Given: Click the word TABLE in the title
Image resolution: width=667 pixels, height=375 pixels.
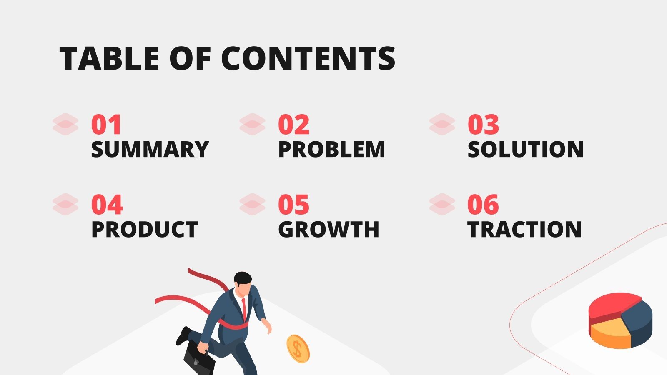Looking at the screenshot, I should pyautogui.click(x=109, y=58).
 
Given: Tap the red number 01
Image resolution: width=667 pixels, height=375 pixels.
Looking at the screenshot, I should pyautogui.click(x=106, y=125).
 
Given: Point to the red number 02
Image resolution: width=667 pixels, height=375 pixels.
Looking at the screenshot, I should pyautogui.click(x=294, y=125).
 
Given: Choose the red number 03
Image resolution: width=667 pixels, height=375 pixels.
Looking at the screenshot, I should pyautogui.click(x=483, y=125).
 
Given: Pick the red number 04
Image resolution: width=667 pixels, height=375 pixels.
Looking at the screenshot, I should pyautogui.click(x=107, y=205).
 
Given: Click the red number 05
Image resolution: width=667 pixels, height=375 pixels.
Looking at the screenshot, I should pyautogui.click(x=294, y=205).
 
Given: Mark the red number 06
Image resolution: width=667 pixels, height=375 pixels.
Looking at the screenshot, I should pyautogui.click(x=483, y=205).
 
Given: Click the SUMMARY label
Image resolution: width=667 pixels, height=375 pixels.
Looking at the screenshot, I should pyautogui.click(x=150, y=150).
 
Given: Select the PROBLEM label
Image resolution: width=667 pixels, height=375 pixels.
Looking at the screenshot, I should pyautogui.click(x=332, y=150).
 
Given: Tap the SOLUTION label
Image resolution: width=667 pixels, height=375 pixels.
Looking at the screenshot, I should pyautogui.click(x=525, y=150).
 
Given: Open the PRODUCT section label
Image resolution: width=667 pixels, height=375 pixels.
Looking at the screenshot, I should pyautogui.click(x=144, y=230).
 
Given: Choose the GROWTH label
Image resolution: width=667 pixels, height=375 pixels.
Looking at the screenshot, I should pyautogui.click(x=328, y=230).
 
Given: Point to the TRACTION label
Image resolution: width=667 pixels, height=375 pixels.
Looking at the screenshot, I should pyautogui.click(x=524, y=230).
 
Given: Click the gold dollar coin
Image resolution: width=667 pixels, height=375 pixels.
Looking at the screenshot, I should pyautogui.click(x=298, y=349).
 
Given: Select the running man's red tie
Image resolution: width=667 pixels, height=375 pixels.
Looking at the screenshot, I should pyautogui.click(x=244, y=309).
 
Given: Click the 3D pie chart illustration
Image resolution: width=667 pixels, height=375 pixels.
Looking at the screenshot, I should pyautogui.click(x=620, y=320).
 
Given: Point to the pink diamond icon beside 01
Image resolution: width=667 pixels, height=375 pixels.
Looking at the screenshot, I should pyautogui.click(x=65, y=124).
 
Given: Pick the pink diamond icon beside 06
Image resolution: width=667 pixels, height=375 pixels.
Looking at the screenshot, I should pyautogui.click(x=442, y=204).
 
